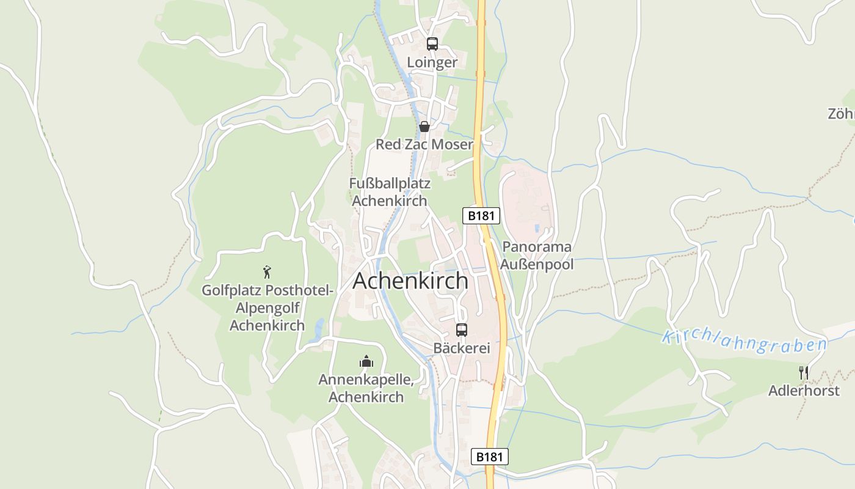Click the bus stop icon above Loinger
(x=432, y=43)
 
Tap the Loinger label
(x=432, y=62)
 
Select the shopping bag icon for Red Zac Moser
(x=424, y=127)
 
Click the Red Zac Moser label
(x=424, y=144)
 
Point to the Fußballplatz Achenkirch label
(x=390, y=192)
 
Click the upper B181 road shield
(x=481, y=215)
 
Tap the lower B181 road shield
(x=490, y=456)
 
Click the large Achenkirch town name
(x=411, y=281)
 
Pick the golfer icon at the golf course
(x=267, y=271)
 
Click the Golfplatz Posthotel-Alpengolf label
(x=267, y=307)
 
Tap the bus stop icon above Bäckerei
(x=462, y=330)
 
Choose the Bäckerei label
(x=462, y=348)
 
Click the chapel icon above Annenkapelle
(x=366, y=361)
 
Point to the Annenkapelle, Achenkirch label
(x=366, y=388)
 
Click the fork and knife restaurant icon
(x=804, y=372)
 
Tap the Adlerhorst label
(x=804, y=391)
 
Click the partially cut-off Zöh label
(x=841, y=114)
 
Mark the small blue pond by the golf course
(x=318, y=329)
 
